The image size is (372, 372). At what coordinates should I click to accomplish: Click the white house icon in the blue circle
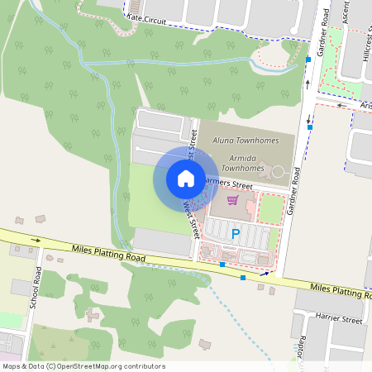point(186,178)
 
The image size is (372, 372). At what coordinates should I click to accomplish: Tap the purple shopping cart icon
point(233,200)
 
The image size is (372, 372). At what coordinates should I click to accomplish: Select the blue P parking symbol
point(236,234)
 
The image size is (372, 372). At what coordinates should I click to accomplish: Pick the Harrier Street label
point(339,318)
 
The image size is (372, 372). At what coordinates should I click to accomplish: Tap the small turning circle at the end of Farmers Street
point(278,174)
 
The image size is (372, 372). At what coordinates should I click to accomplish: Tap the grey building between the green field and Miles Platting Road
point(162,241)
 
